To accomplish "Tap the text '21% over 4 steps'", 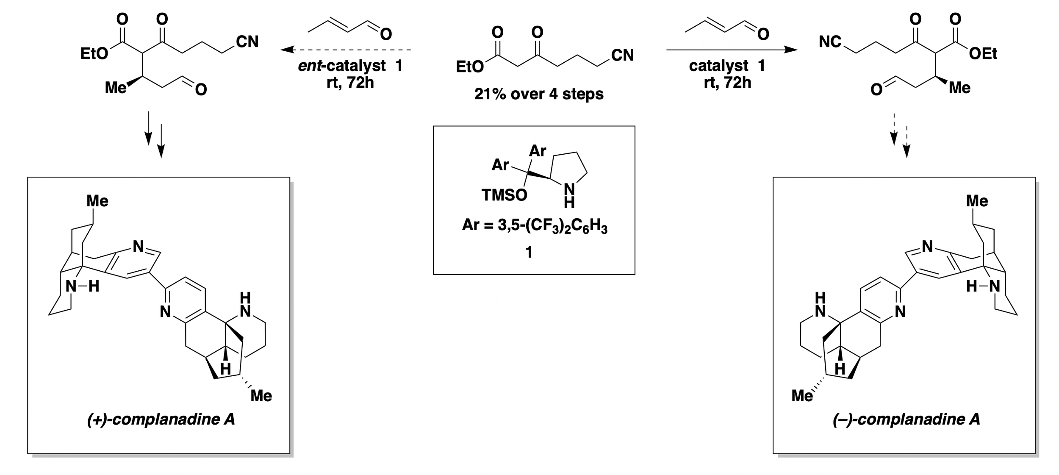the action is click(539, 94).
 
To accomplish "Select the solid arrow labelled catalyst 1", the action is click(732, 50).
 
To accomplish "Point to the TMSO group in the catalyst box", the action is click(504, 195).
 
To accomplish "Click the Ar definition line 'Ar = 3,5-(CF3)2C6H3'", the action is click(535, 225).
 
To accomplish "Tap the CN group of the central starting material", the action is click(622, 56).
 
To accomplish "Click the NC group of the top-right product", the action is click(830, 42).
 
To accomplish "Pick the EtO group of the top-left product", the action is click(94, 54).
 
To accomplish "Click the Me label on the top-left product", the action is click(116, 88).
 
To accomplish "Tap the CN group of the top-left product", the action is click(247, 42).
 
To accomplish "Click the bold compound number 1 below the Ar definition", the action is click(529, 253).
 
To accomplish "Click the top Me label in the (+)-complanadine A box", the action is click(97, 201).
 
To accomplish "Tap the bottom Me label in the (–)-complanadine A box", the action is click(802, 396).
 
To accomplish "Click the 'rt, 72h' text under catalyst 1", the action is click(727, 82).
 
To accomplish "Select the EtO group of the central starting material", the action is click(469, 67).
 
